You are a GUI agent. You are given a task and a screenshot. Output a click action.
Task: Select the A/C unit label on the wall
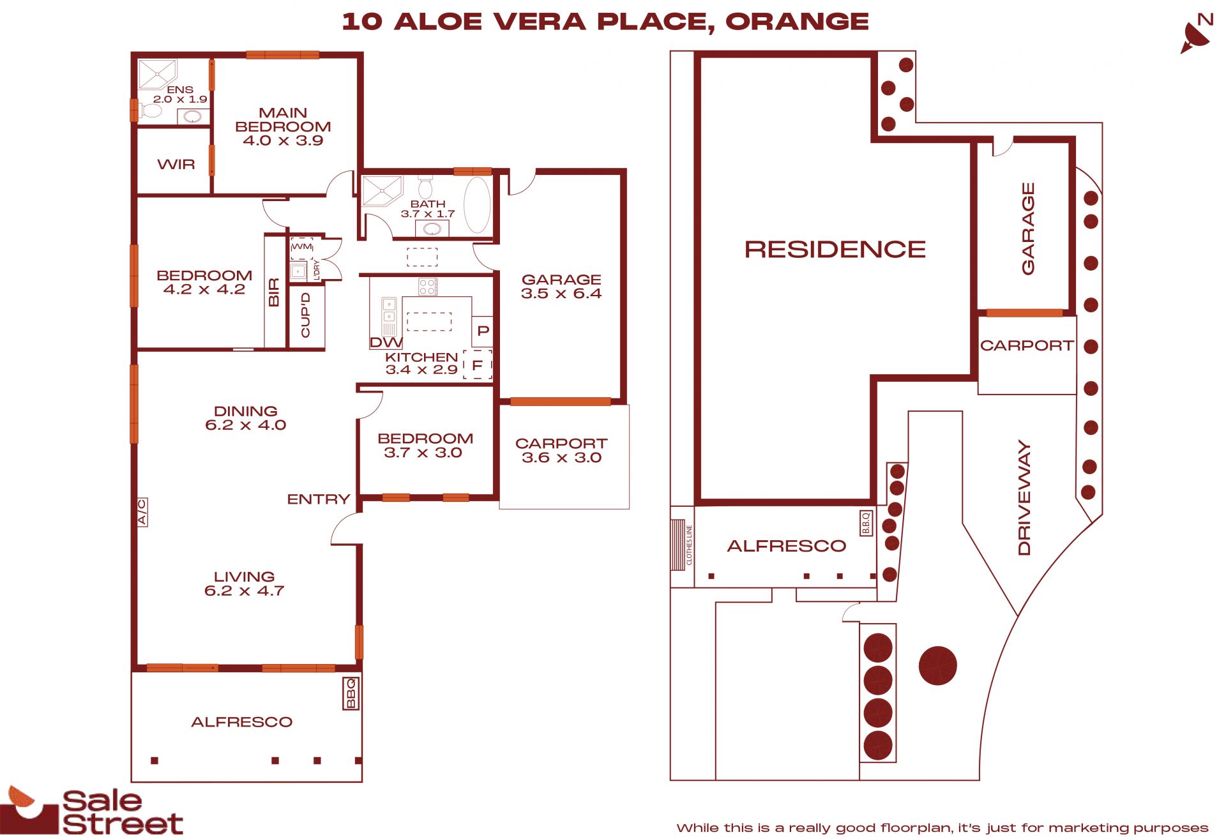pyautogui.click(x=142, y=512)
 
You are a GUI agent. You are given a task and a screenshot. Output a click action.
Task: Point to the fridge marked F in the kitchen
pyautogui.click(x=477, y=365)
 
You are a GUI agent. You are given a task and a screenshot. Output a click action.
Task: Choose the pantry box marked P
pyautogui.click(x=483, y=331)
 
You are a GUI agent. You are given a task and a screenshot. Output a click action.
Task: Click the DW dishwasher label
pyautogui.click(x=386, y=343)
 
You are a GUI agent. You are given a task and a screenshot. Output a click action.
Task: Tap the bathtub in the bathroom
pyautogui.click(x=476, y=205)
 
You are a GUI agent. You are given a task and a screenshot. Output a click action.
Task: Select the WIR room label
pyautogui.click(x=176, y=165)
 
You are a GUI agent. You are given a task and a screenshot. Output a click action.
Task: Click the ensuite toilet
pyautogui.click(x=151, y=110)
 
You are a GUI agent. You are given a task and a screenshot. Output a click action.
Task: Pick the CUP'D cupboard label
pyautogui.click(x=305, y=315)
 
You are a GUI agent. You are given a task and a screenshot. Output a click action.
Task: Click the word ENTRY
pyautogui.click(x=319, y=499)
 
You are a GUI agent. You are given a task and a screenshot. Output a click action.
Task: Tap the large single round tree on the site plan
pyautogui.click(x=937, y=665)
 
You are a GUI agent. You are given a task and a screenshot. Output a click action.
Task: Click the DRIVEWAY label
pyautogui.click(x=1024, y=498)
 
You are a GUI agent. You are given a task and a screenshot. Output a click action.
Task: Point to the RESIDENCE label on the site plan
pyautogui.click(x=835, y=249)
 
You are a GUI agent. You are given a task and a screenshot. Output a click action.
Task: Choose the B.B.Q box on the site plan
pyautogui.click(x=866, y=523)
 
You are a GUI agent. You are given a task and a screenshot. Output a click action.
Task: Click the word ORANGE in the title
pyautogui.click(x=798, y=22)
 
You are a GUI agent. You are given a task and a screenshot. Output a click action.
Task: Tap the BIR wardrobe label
pyautogui.click(x=274, y=292)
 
